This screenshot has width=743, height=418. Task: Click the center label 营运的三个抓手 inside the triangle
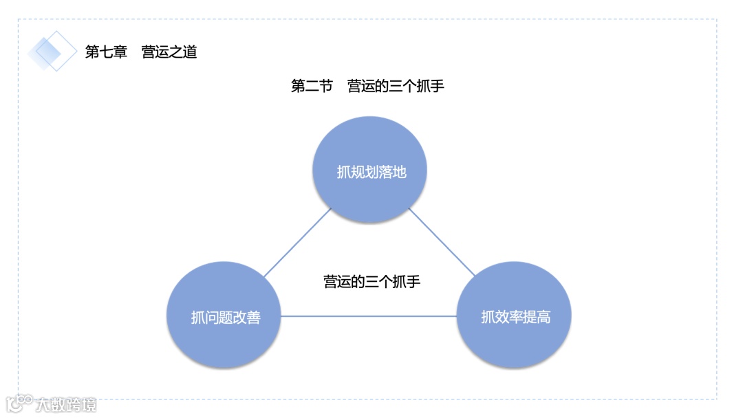click(x=371, y=281)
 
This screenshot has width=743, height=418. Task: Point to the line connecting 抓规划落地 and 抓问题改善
click(x=297, y=243)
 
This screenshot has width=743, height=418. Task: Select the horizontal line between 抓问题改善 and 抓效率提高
click(x=369, y=316)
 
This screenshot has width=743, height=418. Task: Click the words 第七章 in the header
click(x=106, y=52)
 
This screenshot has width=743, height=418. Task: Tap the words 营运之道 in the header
click(x=169, y=52)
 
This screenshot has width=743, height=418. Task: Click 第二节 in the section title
click(x=312, y=86)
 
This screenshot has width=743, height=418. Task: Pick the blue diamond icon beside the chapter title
click(x=52, y=51)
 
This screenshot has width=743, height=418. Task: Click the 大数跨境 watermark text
click(x=67, y=404)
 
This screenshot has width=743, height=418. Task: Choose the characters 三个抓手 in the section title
click(x=417, y=86)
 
